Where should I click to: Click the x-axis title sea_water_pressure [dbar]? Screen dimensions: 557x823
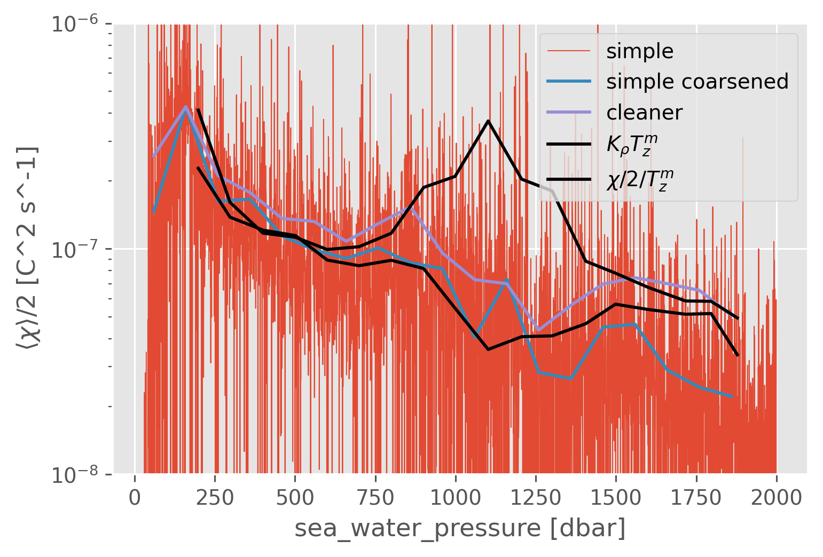click(459, 528)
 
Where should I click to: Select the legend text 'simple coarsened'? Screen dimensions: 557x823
click(697, 82)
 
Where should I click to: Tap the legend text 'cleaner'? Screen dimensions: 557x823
click(644, 113)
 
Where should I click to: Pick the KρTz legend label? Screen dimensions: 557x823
click(632, 144)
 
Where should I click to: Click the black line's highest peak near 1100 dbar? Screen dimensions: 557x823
click(488, 121)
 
